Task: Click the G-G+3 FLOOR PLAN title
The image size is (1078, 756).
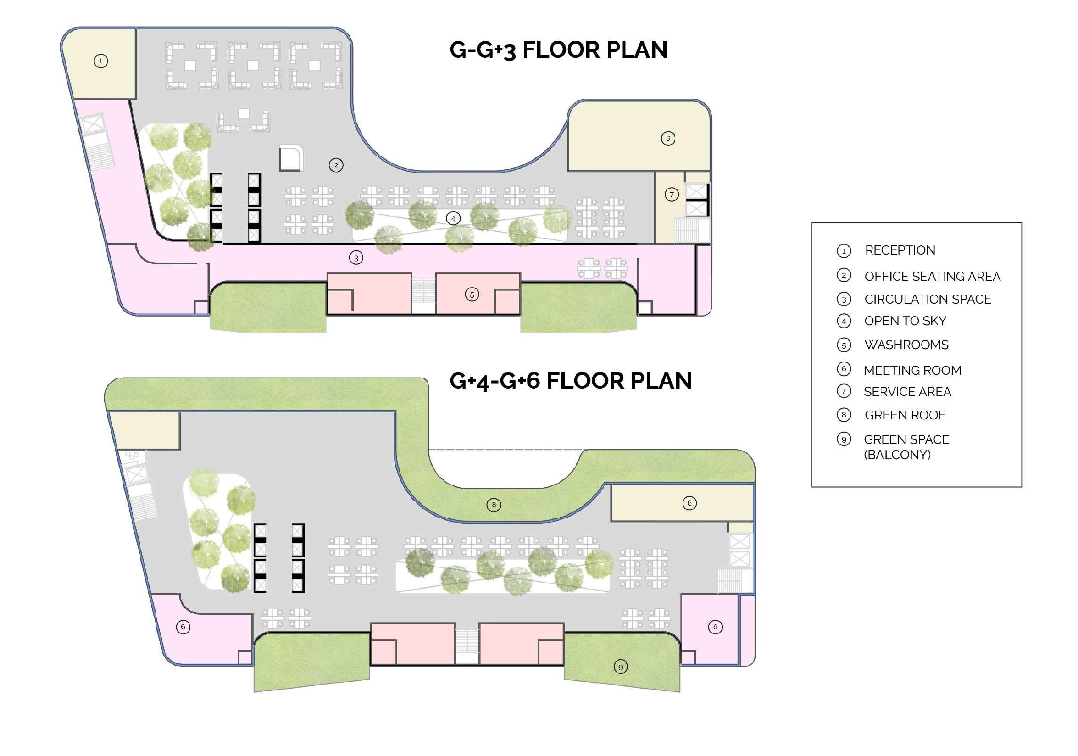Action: click(558, 50)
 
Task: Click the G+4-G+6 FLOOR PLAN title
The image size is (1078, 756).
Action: click(570, 381)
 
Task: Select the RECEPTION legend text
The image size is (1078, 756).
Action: click(900, 250)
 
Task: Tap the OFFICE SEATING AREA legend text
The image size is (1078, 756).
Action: click(932, 277)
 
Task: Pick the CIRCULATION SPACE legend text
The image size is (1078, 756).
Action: click(928, 299)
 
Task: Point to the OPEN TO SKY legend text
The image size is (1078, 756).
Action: click(905, 321)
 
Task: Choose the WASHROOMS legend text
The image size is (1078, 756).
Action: click(906, 345)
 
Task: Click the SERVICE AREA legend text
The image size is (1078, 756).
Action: click(907, 392)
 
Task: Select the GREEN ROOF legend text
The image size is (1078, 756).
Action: click(905, 415)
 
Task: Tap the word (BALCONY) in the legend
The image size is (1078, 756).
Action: click(897, 455)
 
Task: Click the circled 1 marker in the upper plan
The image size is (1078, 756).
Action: click(101, 61)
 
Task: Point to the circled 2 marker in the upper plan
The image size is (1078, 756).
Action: click(336, 165)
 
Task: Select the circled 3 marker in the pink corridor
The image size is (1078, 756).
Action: click(356, 258)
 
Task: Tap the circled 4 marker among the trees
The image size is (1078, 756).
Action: click(453, 219)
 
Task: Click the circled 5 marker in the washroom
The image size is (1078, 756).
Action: click(472, 295)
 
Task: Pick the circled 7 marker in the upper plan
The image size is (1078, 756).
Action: click(672, 195)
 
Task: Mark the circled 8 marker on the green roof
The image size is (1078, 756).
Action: click(494, 505)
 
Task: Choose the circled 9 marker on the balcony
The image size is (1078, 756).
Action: click(621, 667)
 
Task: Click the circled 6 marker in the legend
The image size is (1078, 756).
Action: click(844, 369)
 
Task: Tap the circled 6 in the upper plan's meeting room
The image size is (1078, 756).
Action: click(668, 139)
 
